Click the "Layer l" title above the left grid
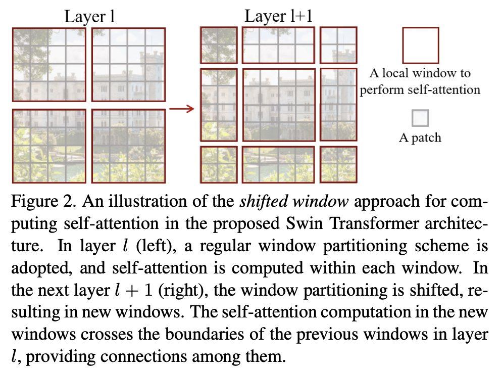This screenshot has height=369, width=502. click(x=89, y=17)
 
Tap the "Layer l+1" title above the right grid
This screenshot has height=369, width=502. click(x=278, y=16)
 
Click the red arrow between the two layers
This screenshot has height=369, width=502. click(x=181, y=109)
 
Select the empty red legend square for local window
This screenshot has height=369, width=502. click(x=420, y=45)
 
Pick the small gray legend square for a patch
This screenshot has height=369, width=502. click(x=420, y=118)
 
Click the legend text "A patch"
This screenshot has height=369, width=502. click(x=420, y=137)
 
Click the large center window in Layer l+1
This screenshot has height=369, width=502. click(x=279, y=105)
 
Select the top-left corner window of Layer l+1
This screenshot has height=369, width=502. click(x=219, y=45)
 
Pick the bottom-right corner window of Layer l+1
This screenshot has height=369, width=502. click(x=338, y=165)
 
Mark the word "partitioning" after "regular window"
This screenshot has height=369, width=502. click(x=365, y=246)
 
